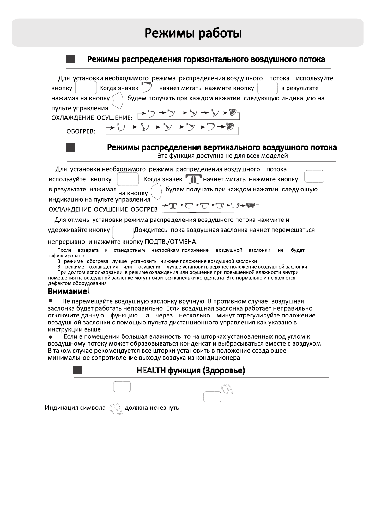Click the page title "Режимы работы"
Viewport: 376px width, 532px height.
click(x=193, y=33)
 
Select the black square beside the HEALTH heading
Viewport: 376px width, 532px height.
click(x=77, y=370)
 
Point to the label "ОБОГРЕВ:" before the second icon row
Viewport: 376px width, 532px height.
click(x=81, y=131)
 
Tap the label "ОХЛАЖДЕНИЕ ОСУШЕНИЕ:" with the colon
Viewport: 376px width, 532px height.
click(x=92, y=118)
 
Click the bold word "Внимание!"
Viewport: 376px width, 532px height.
click(x=69, y=291)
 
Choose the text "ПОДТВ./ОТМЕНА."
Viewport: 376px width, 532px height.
click(x=171, y=242)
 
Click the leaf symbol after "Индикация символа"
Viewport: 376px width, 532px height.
click(x=116, y=408)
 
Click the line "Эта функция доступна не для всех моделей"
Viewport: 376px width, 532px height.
click(x=222, y=156)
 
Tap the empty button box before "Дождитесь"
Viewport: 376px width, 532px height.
click(x=123, y=232)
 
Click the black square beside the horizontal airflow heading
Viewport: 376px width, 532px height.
click(x=70, y=59)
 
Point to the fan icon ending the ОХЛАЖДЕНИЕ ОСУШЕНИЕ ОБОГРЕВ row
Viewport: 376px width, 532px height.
click(x=251, y=206)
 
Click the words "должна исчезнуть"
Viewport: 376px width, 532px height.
click(x=152, y=408)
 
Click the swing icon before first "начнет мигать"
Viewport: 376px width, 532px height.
click(x=147, y=87)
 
